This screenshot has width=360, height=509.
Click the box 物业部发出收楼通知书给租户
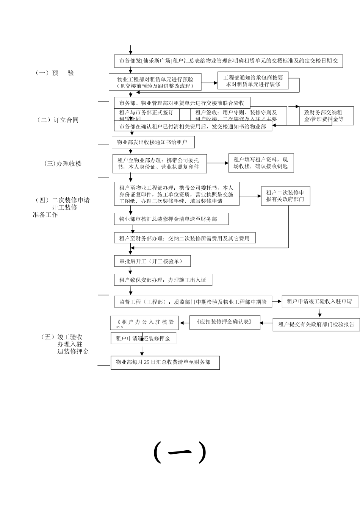tap(153, 142)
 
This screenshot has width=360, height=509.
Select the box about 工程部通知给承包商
tap(253, 81)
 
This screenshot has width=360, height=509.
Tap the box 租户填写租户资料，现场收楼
tap(261, 163)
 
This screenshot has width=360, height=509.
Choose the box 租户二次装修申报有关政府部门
tap(285, 196)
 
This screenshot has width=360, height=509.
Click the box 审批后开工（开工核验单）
tap(152, 261)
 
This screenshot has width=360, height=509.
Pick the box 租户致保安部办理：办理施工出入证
tap(163, 280)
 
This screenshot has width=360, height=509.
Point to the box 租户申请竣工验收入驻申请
tap(320, 301)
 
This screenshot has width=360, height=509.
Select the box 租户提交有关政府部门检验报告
tap(316, 324)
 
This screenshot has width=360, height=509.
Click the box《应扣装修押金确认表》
tap(225, 322)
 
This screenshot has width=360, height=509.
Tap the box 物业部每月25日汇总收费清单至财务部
tap(165, 362)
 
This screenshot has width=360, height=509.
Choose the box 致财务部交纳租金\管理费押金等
tap(326, 116)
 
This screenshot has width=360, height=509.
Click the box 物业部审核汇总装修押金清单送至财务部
tap(171, 219)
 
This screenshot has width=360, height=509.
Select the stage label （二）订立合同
tap(58, 120)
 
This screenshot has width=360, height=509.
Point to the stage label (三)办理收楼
tap(63, 164)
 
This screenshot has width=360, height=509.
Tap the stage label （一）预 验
tap(55, 73)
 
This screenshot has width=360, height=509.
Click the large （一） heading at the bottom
tap(180, 452)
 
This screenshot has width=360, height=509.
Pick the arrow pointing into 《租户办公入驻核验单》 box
tap(185, 323)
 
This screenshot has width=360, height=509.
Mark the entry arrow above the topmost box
tap(130, 50)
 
